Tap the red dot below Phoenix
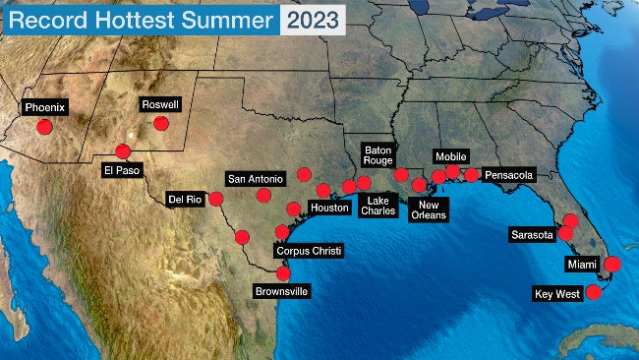44,127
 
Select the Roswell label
160,104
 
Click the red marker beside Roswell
160,124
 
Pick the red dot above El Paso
122,151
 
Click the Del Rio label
185,198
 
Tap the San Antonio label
256,178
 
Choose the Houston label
329,208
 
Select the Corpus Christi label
309,251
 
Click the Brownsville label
282,291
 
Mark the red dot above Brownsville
283,272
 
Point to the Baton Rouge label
378,153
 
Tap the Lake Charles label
378,205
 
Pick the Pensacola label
509,176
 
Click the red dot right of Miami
612,264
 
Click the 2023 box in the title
314,19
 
